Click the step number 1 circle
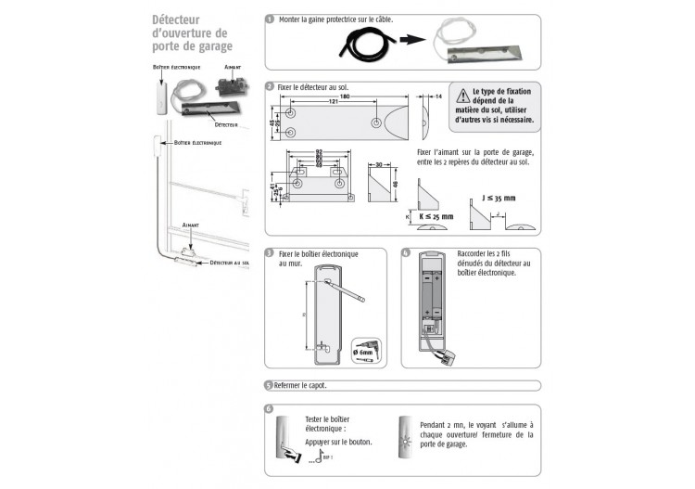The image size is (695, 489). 269,19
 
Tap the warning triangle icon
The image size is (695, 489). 461,93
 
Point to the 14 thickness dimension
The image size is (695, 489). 438,97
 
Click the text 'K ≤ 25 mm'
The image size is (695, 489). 436,216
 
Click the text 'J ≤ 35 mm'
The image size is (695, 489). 499,197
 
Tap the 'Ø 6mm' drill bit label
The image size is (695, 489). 363,353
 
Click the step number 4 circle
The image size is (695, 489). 406,252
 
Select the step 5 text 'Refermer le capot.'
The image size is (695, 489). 300,385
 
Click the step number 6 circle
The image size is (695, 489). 269,408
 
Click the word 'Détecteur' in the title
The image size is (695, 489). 178,19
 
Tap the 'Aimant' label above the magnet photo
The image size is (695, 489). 234,67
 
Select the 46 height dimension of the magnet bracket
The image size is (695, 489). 398,185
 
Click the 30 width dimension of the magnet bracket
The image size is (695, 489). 379,165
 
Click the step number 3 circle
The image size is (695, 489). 269,252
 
